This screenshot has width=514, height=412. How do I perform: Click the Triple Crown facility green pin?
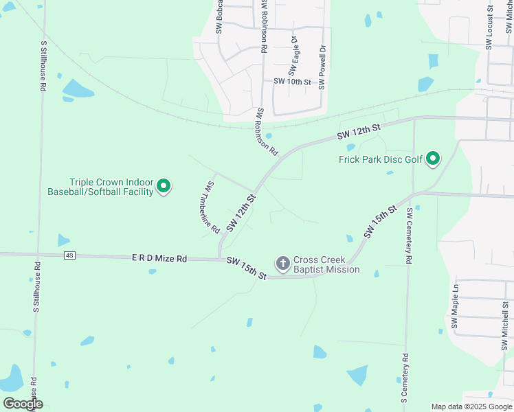164,185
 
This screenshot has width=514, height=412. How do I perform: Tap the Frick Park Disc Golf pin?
433,159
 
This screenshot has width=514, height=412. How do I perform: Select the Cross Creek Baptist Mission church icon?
282,263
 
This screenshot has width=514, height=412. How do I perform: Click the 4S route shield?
69,255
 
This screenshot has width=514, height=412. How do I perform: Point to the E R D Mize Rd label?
159,259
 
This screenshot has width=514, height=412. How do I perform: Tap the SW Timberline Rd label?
212,207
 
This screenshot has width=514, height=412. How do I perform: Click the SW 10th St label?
292,82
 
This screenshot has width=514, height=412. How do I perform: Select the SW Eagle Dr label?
294,56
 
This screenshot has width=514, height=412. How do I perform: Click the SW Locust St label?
489,27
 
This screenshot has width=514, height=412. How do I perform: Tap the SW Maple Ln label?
455,306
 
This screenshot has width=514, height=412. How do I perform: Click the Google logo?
23,404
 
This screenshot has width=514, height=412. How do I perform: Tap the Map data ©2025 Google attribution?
471,407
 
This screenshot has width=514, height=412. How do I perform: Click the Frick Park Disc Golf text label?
381,159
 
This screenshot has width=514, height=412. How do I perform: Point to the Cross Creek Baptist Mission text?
326,264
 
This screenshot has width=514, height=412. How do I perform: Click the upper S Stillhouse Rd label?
43,66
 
